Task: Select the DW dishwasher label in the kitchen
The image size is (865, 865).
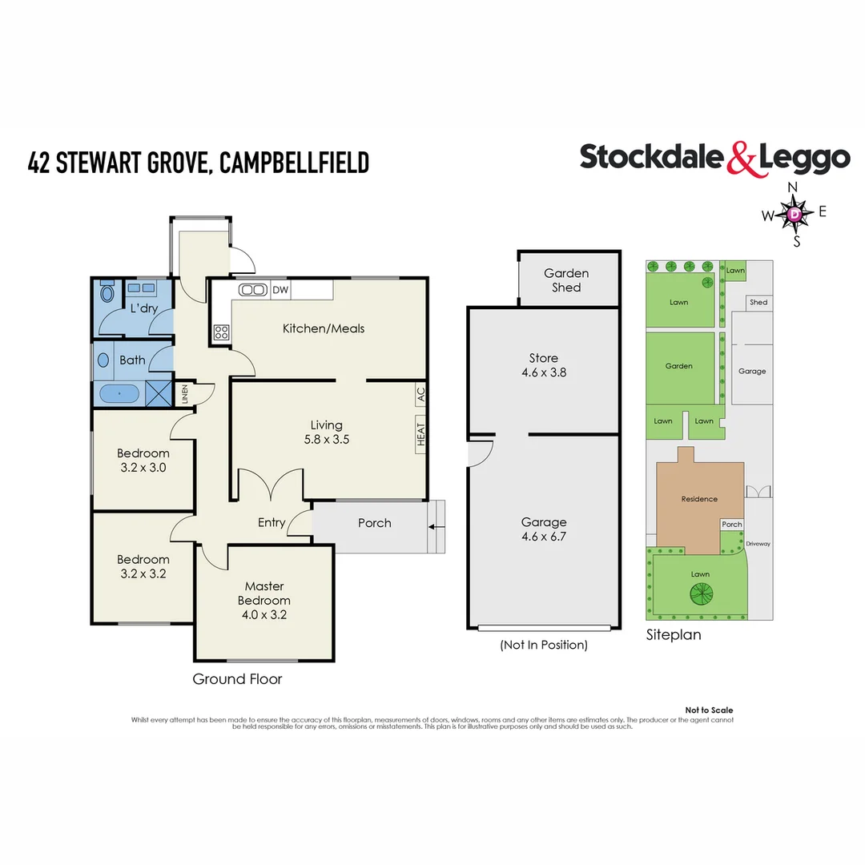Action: pos(280,290)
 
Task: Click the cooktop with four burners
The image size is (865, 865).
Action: pos(221,332)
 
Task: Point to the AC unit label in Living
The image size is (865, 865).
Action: pos(420,394)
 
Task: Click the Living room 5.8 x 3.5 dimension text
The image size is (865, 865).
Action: pos(327,439)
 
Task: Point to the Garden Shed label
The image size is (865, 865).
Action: pos(566,280)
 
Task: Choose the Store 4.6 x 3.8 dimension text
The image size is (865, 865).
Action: pos(544,372)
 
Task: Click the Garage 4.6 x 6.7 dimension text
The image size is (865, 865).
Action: pos(544,537)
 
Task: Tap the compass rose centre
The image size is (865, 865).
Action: pos(794,214)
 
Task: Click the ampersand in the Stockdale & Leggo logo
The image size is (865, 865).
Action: pos(741,159)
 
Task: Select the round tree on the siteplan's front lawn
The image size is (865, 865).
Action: pos(702,594)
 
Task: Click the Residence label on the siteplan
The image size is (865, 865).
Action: pos(699,499)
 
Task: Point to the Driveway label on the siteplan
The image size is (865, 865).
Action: pos(758,544)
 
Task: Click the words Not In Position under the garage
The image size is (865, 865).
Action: pos(544,645)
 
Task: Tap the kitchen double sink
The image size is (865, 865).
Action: pos(254,290)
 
